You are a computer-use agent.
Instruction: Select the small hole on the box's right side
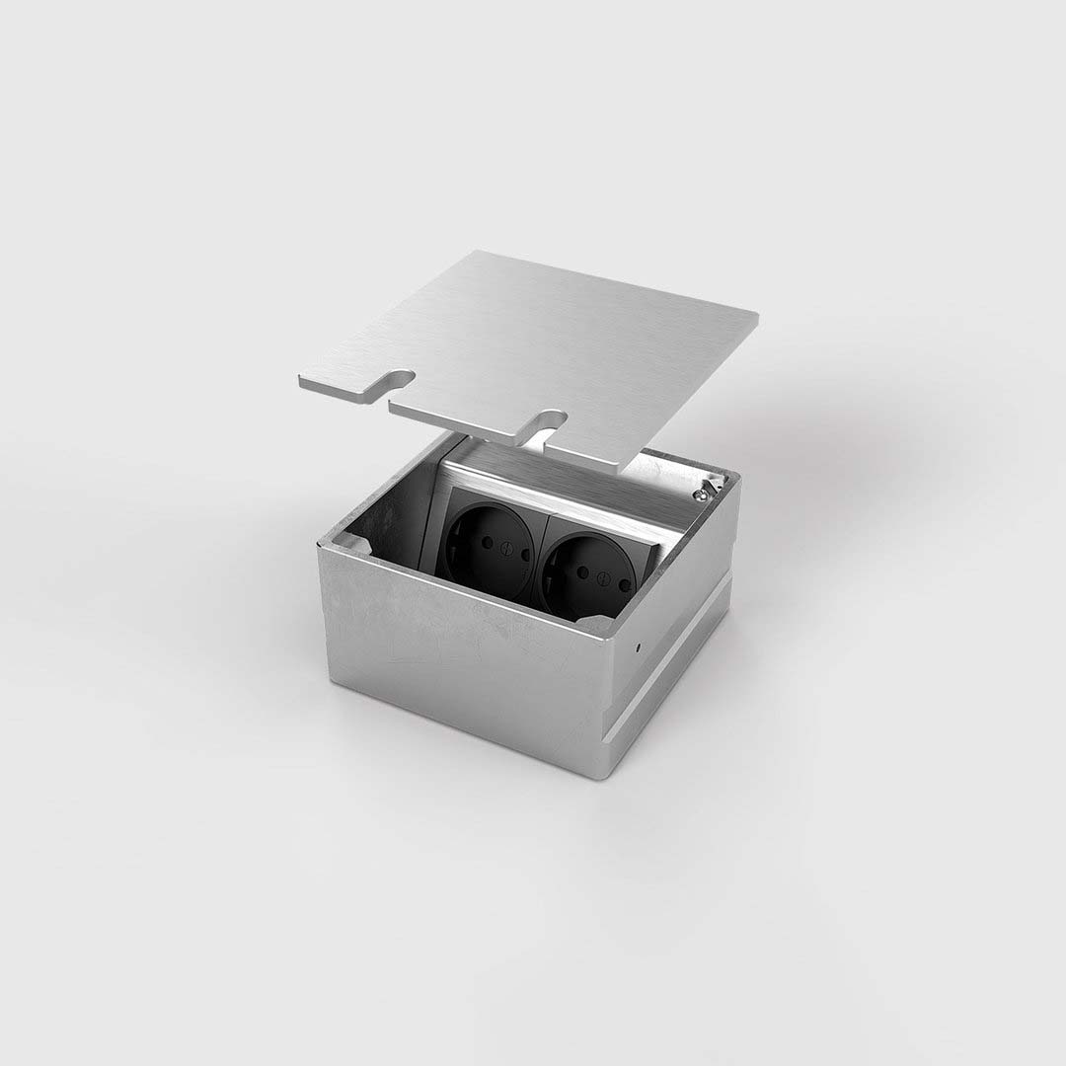click(639, 649)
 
